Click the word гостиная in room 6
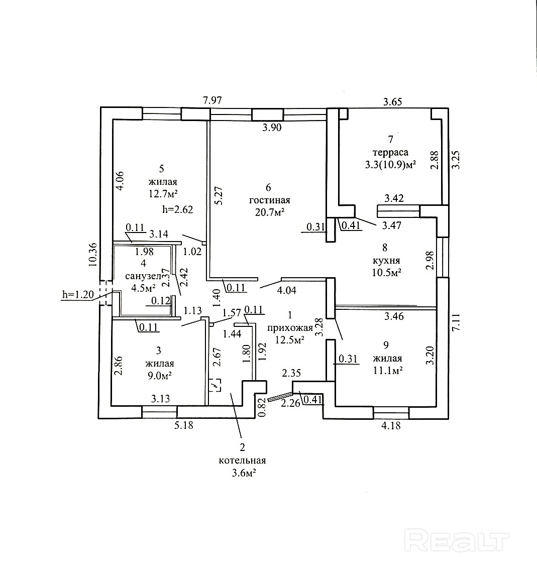(269, 200)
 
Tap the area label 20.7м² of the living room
(269, 212)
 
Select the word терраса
(390, 152)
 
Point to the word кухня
(386, 261)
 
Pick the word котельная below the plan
(242, 460)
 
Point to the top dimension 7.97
(212, 101)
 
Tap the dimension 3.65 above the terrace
(392, 102)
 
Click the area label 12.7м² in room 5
(162, 194)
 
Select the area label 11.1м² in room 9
(387, 371)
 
